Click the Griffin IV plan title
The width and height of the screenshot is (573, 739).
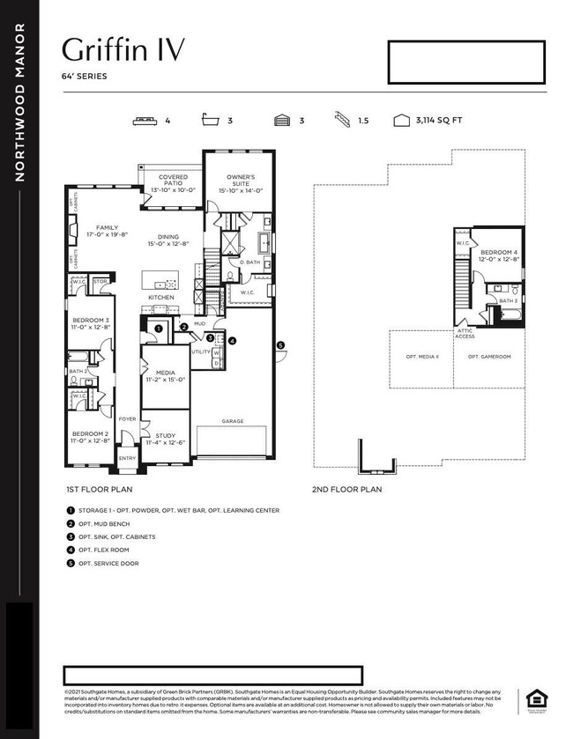tap(124, 49)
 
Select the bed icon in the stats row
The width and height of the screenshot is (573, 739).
tap(144, 121)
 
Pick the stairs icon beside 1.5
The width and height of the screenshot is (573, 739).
tap(342, 121)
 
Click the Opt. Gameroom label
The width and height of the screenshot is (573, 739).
tap(489, 357)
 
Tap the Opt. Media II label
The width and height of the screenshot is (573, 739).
tap(422, 357)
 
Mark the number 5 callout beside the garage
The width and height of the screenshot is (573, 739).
tap(280, 345)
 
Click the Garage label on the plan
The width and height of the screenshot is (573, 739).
tap(233, 421)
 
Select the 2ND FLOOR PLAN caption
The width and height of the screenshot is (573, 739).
tap(346, 489)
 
